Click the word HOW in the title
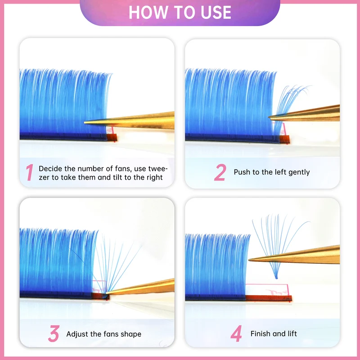point(148,12)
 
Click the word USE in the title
point(216,12)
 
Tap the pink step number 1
point(30,172)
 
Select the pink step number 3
point(54,333)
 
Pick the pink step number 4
point(236,333)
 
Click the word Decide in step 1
point(50,169)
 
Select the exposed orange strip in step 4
point(269,298)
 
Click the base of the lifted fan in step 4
point(276,277)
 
